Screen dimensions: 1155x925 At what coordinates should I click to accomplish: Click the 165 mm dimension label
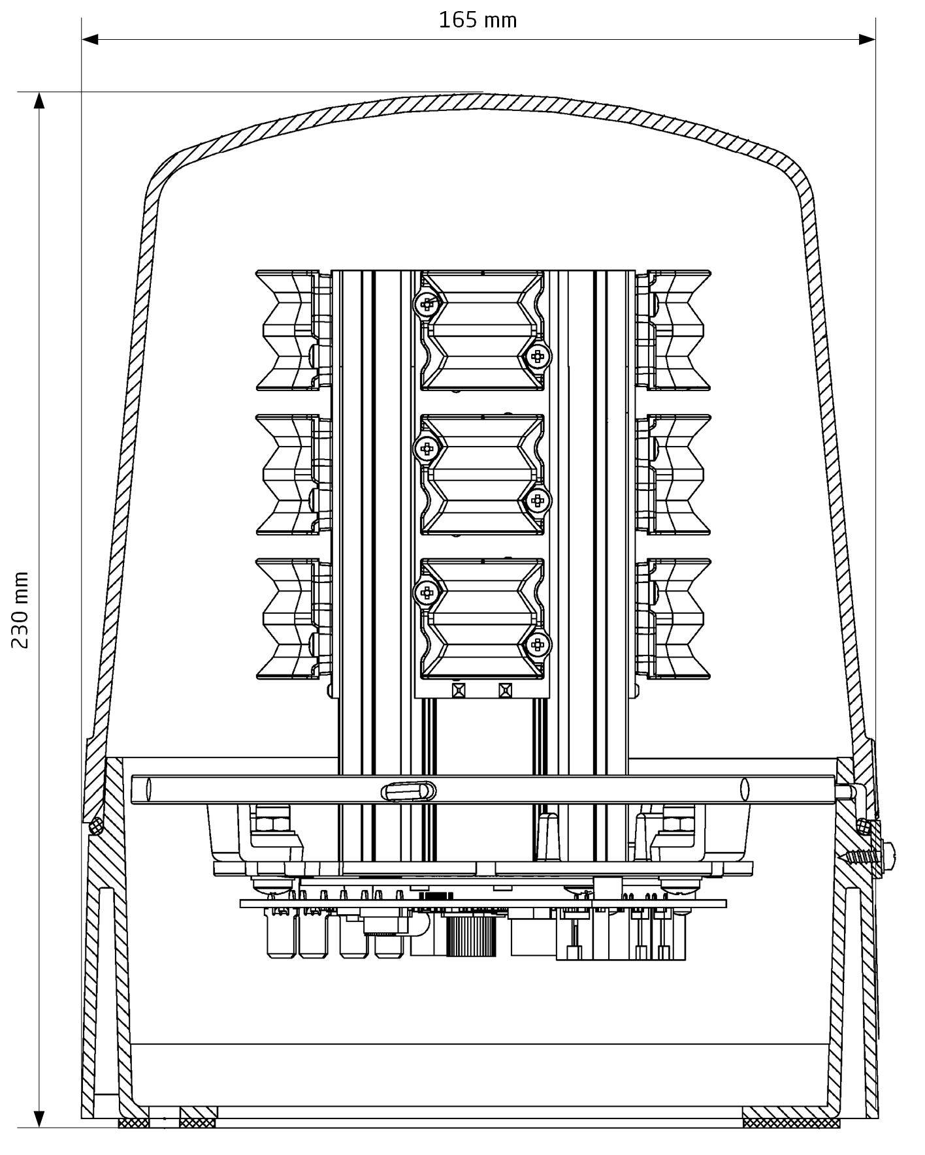coord(478,21)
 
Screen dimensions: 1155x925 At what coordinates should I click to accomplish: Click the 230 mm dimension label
coord(20,609)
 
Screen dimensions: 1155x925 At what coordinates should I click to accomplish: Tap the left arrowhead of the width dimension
coord(90,39)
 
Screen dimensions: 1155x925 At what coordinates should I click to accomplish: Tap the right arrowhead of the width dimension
coord(867,39)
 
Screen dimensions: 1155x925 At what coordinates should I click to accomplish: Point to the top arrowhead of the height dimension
coord(39,101)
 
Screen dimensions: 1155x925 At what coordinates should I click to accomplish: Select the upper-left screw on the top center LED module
coord(427,303)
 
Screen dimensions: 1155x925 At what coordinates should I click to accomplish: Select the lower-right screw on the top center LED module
coord(538,356)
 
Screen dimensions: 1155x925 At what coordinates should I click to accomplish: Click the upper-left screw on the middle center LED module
coord(427,448)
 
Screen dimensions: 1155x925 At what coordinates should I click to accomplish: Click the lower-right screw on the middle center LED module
coord(538,501)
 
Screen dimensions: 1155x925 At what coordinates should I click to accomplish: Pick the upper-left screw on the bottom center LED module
coord(427,592)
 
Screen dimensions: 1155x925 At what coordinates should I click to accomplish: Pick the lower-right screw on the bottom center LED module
coord(538,645)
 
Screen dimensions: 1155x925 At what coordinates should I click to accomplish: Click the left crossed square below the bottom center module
coord(459,690)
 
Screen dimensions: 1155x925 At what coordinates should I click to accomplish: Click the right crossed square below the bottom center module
coord(505,690)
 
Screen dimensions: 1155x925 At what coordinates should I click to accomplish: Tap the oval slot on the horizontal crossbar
coord(408,791)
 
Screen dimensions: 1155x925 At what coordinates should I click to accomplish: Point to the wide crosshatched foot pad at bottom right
coord(791,1122)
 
